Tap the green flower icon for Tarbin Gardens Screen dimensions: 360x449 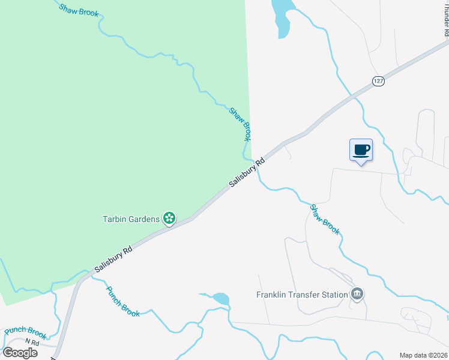(x=170, y=218)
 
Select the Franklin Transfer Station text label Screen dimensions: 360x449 (x=302, y=295)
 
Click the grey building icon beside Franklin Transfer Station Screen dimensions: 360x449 (x=357, y=294)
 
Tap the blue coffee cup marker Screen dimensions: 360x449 (x=361, y=150)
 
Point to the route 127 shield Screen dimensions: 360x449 (x=378, y=81)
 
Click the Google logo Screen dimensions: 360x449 (x=20, y=352)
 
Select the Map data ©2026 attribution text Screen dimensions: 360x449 (x=423, y=355)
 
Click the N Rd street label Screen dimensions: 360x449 (x=32, y=343)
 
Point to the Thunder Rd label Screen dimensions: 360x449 (x=446, y=18)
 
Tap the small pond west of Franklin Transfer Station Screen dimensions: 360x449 (x=220, y=299)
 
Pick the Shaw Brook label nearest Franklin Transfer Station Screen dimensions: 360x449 (x=325, y=219)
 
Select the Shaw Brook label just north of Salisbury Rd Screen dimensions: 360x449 (x=240, y=124)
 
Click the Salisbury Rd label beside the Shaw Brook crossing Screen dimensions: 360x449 (x=246, y=173)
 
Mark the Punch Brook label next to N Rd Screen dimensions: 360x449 (x=25, y=332)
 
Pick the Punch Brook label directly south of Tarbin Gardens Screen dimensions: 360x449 (x=122, y=301)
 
